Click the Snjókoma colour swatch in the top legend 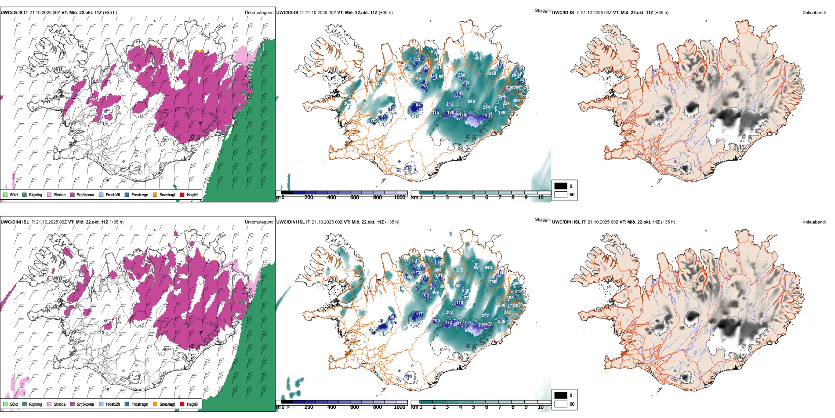coord(73,195)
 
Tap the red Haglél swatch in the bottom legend coord(182,404)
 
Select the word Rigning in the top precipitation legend coord(36,195)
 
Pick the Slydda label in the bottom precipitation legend coord(60,404)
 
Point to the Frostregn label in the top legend coord(140,195)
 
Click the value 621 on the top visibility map coord(478,59)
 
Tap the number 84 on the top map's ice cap coord(418,106)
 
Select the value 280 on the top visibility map coord(461,75)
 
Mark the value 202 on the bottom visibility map coord(449,312)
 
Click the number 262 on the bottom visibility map coord(459,270)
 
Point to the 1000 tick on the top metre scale coord(399,198)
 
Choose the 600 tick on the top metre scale coord(355,198)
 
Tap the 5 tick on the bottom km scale coord(474,407)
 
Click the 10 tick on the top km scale coord(541,198)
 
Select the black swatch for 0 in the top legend coord(561,186)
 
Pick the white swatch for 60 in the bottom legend coord(561,404)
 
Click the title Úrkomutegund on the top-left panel coord(259,13)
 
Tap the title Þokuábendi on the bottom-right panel coord(814,222)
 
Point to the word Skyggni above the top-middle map coord(542,11)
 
